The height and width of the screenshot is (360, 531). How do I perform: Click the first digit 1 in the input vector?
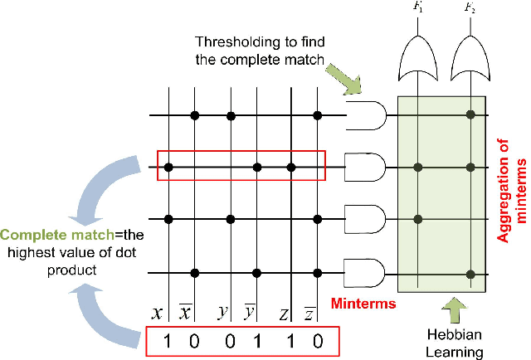click(168, 340)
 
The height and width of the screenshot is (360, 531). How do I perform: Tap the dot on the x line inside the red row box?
click(168, 168)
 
